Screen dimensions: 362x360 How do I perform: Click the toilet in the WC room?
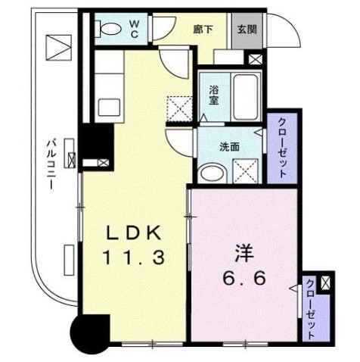point(110,30)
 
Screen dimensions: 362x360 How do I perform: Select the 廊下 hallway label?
point(202,29)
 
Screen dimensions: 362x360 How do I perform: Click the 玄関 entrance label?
point(246,30)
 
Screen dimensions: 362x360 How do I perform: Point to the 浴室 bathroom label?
point(214,94)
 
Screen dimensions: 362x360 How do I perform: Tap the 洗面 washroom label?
point(231,147)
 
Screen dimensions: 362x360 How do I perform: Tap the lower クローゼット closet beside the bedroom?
point(311,311)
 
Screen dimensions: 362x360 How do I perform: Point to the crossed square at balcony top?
point(56,47)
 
